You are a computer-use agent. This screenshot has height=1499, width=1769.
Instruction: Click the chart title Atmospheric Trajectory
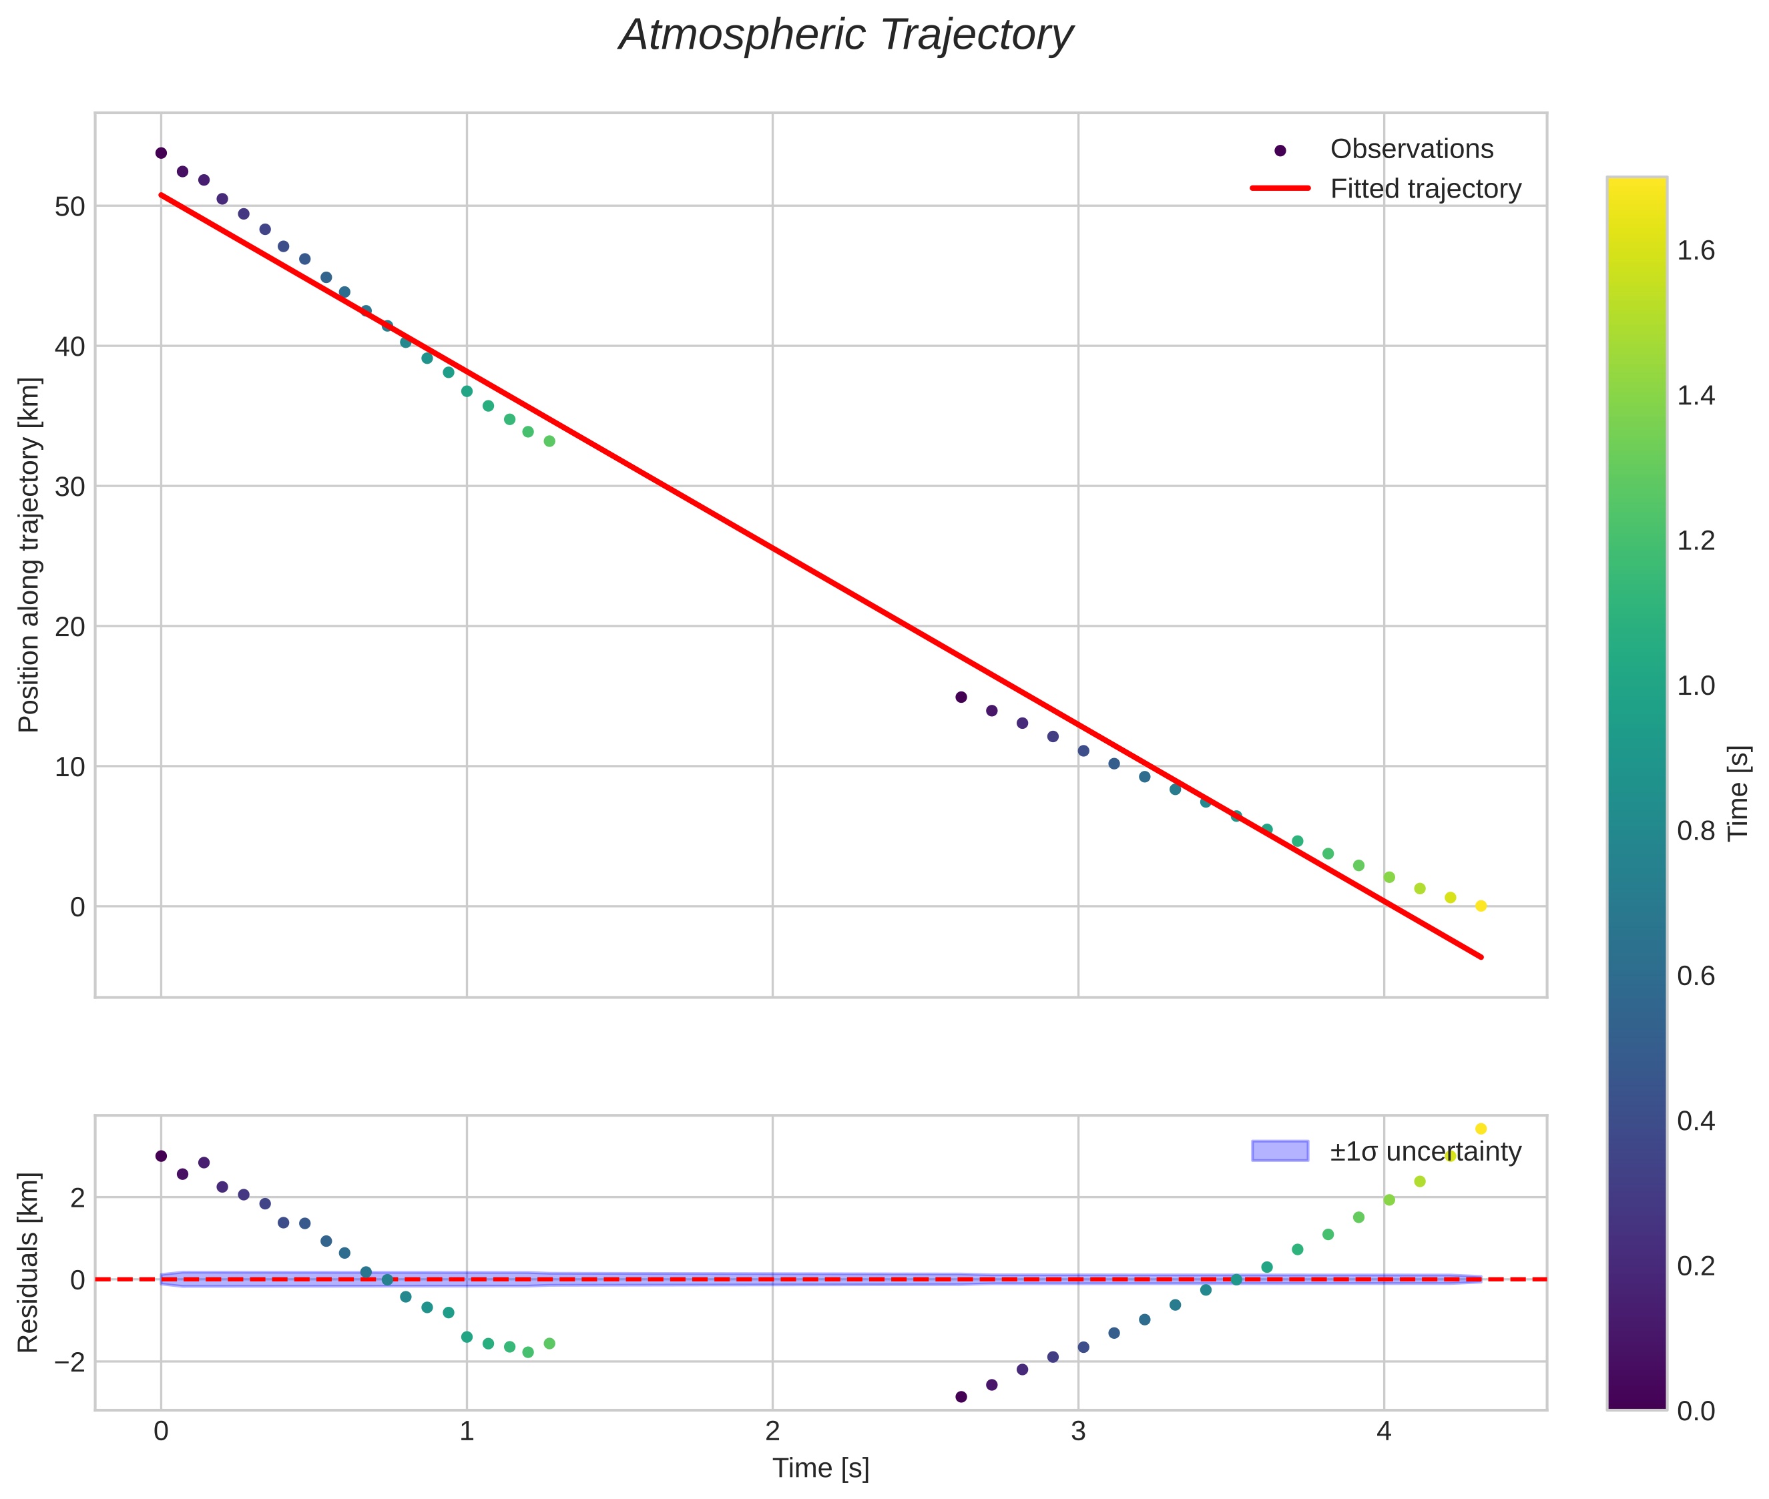(846, 35)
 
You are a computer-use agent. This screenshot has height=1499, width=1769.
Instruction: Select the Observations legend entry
(1411, 149)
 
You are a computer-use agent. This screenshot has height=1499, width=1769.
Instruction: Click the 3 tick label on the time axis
(1078, 1432)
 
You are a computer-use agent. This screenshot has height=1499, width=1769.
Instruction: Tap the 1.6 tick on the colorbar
(1696, 251)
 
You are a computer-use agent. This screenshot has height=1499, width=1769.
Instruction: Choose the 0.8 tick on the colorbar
(1696, 831)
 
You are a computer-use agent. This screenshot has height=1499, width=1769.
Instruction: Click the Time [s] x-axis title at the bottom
(820, 1468)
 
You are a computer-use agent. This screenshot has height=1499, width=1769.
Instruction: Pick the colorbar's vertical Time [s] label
(1739, 793)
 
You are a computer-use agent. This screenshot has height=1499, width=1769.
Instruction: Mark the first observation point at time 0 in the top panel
(161, 153)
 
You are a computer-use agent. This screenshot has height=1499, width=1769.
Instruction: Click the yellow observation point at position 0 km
(1481, 906)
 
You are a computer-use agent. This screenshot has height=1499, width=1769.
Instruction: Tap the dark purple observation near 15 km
(961, 697)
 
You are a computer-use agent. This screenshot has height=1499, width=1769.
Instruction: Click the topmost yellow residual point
(1481, 1129)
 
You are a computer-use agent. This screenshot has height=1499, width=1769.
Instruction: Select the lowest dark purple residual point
(961, 1397)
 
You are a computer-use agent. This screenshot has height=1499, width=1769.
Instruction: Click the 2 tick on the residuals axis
(77, 1198)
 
